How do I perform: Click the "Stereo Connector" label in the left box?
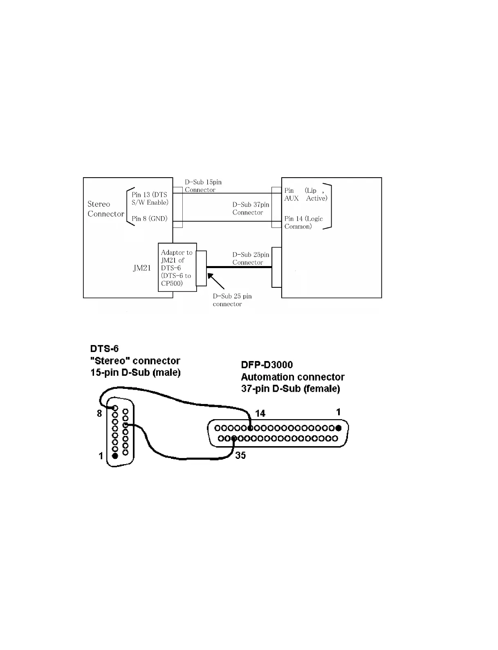[105, 209]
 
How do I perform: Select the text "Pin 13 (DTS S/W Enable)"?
[150, 199]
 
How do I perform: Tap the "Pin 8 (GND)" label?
[149, 219]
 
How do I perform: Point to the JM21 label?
[142, 269]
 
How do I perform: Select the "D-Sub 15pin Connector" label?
[203, 186]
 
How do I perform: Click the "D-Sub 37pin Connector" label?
[251, 208]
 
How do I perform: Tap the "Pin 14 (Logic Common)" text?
[303, 222]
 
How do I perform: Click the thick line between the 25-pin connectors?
[239, 267]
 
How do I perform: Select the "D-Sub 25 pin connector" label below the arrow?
[232, 300]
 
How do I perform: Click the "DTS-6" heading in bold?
[104, 349]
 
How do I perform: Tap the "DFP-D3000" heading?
[267, 365]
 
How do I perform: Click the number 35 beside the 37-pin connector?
[240, 455]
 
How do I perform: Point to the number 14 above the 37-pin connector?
[260, 413]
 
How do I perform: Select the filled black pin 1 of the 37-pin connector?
[339, 428]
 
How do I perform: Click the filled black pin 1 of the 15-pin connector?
[115, 455]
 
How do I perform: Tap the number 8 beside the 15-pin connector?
[99, 413]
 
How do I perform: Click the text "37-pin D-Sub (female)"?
[290, 388]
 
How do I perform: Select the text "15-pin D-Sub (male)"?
[135, 372]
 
